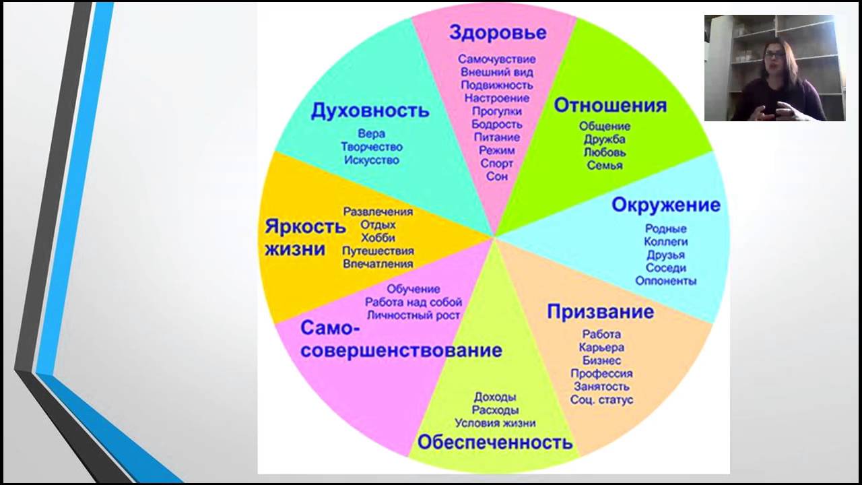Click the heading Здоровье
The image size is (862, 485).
click(498, 32)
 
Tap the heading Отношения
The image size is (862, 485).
click(610, 106)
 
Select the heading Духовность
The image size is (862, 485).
click(370, 111)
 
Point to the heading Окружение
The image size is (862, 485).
click(666, 205)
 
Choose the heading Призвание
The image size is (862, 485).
click(600, 311)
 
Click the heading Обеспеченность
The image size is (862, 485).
click(495, 442)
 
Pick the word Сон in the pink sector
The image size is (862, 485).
click(497, 176)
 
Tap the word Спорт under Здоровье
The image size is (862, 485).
click(496, 164)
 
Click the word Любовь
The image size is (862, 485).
click(605, 152)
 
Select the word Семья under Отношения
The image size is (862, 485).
click(605, 166)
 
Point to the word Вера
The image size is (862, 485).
click(371, 134)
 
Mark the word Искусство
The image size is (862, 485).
click(371, 160)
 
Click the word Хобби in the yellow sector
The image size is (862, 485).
click(378, 238)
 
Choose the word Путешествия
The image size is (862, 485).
click(378, 251)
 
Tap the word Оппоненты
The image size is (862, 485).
click(666, 281)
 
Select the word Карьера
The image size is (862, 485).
click(601, 348)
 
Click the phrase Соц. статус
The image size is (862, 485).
click(601, 400)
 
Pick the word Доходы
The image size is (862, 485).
click(495, 397)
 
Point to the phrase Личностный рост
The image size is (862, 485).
click(413, 316)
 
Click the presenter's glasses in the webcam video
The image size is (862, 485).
click(774, 55)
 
